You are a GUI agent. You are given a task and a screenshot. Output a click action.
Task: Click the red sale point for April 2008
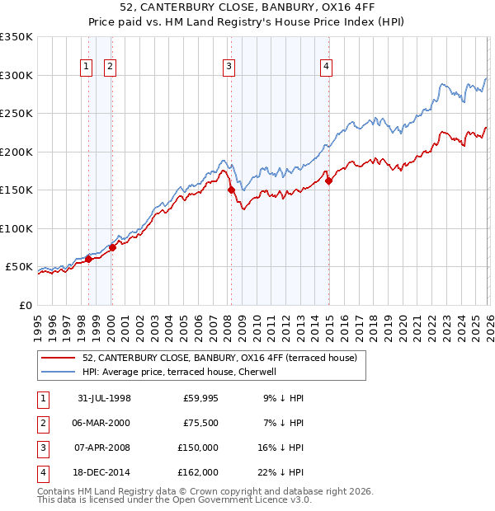(x=231, y=190)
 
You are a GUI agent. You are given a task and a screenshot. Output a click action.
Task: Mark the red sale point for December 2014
(x=328, y=180)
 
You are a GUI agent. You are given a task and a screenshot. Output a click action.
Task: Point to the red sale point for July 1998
(x=88, y=259)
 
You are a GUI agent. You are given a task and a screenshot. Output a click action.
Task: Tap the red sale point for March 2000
(x=112, y=247)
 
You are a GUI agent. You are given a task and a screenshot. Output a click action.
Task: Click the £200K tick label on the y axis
(x=16, y=152)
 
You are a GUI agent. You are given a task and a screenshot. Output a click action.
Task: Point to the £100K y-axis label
(x=16, y=228)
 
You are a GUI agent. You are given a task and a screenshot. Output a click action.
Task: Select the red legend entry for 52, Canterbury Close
(x=219, y=358)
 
